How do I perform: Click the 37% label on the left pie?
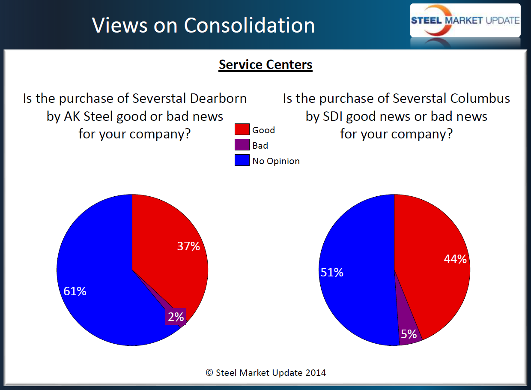click(188, 246)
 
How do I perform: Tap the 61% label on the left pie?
click(75, 291)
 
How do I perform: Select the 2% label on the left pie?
click(176, 317)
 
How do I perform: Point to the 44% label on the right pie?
click(455, 259)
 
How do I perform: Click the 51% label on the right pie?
click(331, 273)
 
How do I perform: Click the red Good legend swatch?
click(242, 130)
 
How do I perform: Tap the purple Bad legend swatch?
click(242, 145)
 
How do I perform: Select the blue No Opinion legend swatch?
click(242, 161)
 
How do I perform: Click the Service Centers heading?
click(265, 65)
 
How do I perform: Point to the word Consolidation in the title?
click(250, 26)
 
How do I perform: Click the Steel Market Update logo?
click(465, 21)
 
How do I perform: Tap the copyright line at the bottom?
click(265, 373)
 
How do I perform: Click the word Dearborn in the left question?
click(218, 99)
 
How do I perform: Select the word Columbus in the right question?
click(480, 99)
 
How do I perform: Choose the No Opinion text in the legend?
click(276, 161)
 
